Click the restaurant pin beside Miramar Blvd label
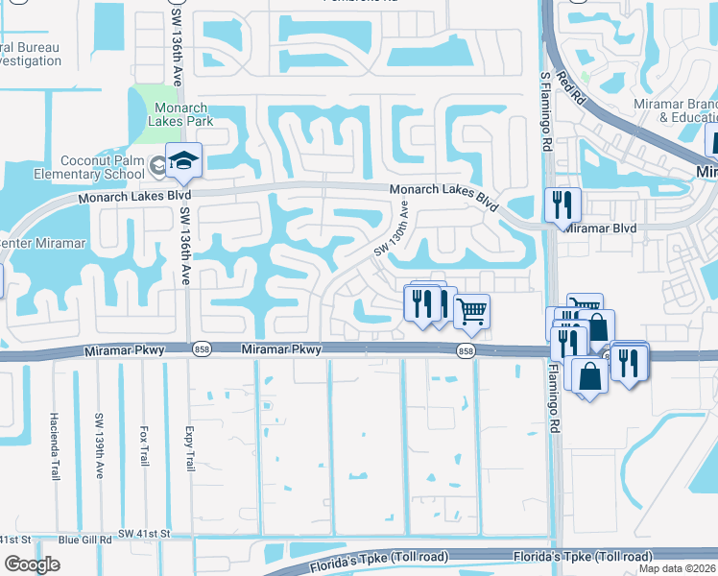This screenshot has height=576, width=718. [561, 205]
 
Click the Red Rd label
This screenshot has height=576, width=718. [575, 86]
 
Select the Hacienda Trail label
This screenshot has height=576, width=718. [55, 445]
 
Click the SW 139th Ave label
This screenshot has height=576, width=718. [99, 441]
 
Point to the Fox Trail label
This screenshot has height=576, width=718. [144, 446]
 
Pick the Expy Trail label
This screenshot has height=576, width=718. [189, 448]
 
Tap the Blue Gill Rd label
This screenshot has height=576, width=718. [84, 540]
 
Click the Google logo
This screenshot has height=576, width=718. [32, 564]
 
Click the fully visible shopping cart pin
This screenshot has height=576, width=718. [470, 310]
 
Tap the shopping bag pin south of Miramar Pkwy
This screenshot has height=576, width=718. [589, 376]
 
